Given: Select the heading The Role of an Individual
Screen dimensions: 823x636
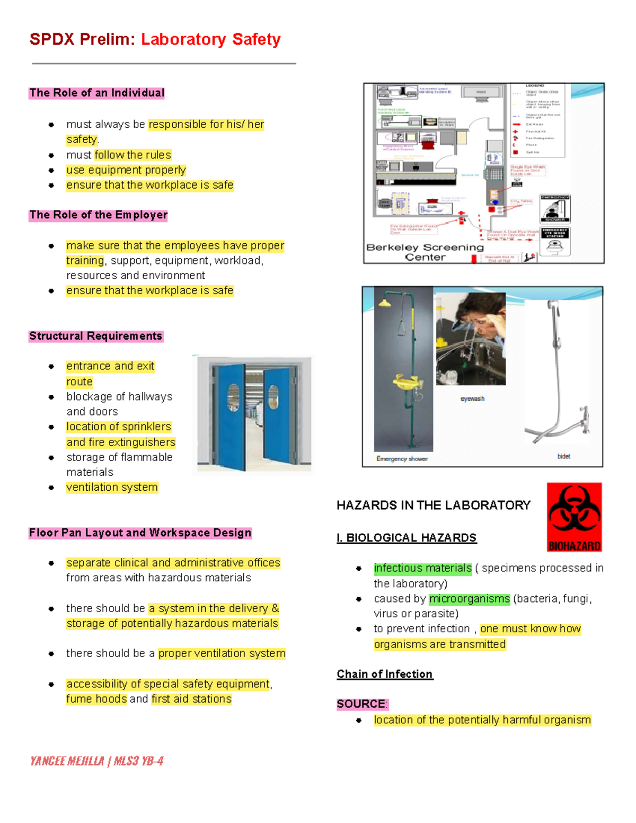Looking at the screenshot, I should click(x=97, y=93).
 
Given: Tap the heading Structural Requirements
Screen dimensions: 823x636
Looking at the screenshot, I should click(x=96, y=337).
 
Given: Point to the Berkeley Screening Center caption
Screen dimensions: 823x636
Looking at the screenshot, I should click(x=425, y=252).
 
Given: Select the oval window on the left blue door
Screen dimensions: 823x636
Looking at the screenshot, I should click(x=233, y=397).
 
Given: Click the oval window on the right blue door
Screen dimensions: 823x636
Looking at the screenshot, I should click(x=273, y=397).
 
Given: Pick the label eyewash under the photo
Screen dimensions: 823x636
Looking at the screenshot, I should click(x=472, y=399).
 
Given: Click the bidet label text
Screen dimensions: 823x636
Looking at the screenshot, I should click(x=563, y=456).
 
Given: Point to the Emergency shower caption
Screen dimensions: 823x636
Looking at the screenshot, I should click(x=402, y=459).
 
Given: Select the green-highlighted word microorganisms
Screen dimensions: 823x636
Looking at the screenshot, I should click(x=469, y=599).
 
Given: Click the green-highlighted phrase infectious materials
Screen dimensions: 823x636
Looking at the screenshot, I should click(x=422, y=568).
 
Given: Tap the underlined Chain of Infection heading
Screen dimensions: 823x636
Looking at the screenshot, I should click(x=385, y=674).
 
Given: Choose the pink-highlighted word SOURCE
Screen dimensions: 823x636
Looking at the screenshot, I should click(x=361, y=704).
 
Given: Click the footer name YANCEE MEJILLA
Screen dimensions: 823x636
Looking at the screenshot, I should click(x=67, y=762).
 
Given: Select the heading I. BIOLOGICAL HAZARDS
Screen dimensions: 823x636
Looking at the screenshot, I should click(x=407, y=538).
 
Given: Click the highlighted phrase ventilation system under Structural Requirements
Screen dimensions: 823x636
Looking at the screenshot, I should click(x=112, y=488).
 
